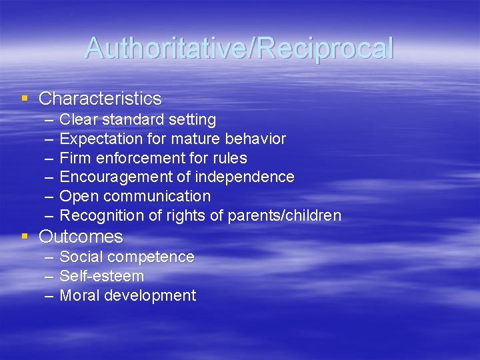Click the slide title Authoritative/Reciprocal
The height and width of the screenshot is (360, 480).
(x=239, y=48)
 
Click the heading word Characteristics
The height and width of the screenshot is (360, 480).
(x=100, y=99)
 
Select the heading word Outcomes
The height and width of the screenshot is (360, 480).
(x=81, y=237)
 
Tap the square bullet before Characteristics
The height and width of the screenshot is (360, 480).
(x=25, y=99)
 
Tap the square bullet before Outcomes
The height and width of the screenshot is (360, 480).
(x=25, y=237)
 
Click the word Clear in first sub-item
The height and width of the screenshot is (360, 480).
(x=78, y=120)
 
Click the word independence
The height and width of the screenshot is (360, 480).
(x=252, y=177)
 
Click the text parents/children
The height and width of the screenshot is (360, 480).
(x=285, y=216)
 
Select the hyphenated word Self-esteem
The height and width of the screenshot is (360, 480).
(x=102, y=276)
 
